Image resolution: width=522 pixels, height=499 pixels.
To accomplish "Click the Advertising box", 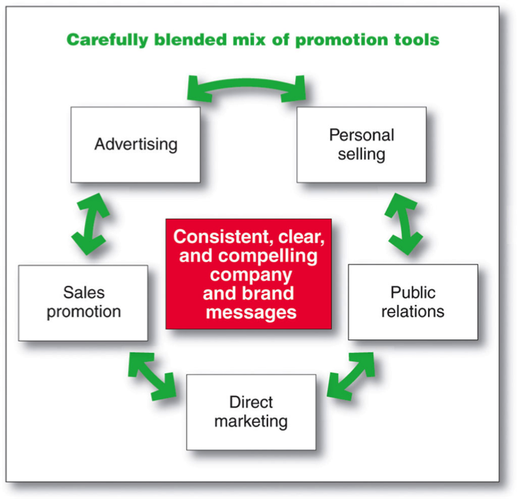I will (x=135, y=145).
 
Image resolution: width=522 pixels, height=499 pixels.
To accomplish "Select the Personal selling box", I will (x=361, y=145).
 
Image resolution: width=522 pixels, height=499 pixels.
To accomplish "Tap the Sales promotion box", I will (x=83, y=302).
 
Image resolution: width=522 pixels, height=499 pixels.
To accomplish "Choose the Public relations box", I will (x=412, y=302).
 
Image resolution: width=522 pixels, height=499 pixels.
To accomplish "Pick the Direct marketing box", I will (x=251, y=412).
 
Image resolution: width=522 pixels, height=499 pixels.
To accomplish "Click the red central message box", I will (x=248, y=274).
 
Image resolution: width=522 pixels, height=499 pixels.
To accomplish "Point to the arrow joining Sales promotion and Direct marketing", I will (x=152, y=376).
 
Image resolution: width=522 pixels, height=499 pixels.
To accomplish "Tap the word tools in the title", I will (x=416, y=40).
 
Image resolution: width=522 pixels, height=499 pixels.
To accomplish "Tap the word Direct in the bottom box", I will (x=251, y=402).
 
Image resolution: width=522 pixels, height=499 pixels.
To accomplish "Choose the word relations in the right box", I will (x=413, y=311).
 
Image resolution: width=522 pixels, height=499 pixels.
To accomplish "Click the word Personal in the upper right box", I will (x=361, y=135).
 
